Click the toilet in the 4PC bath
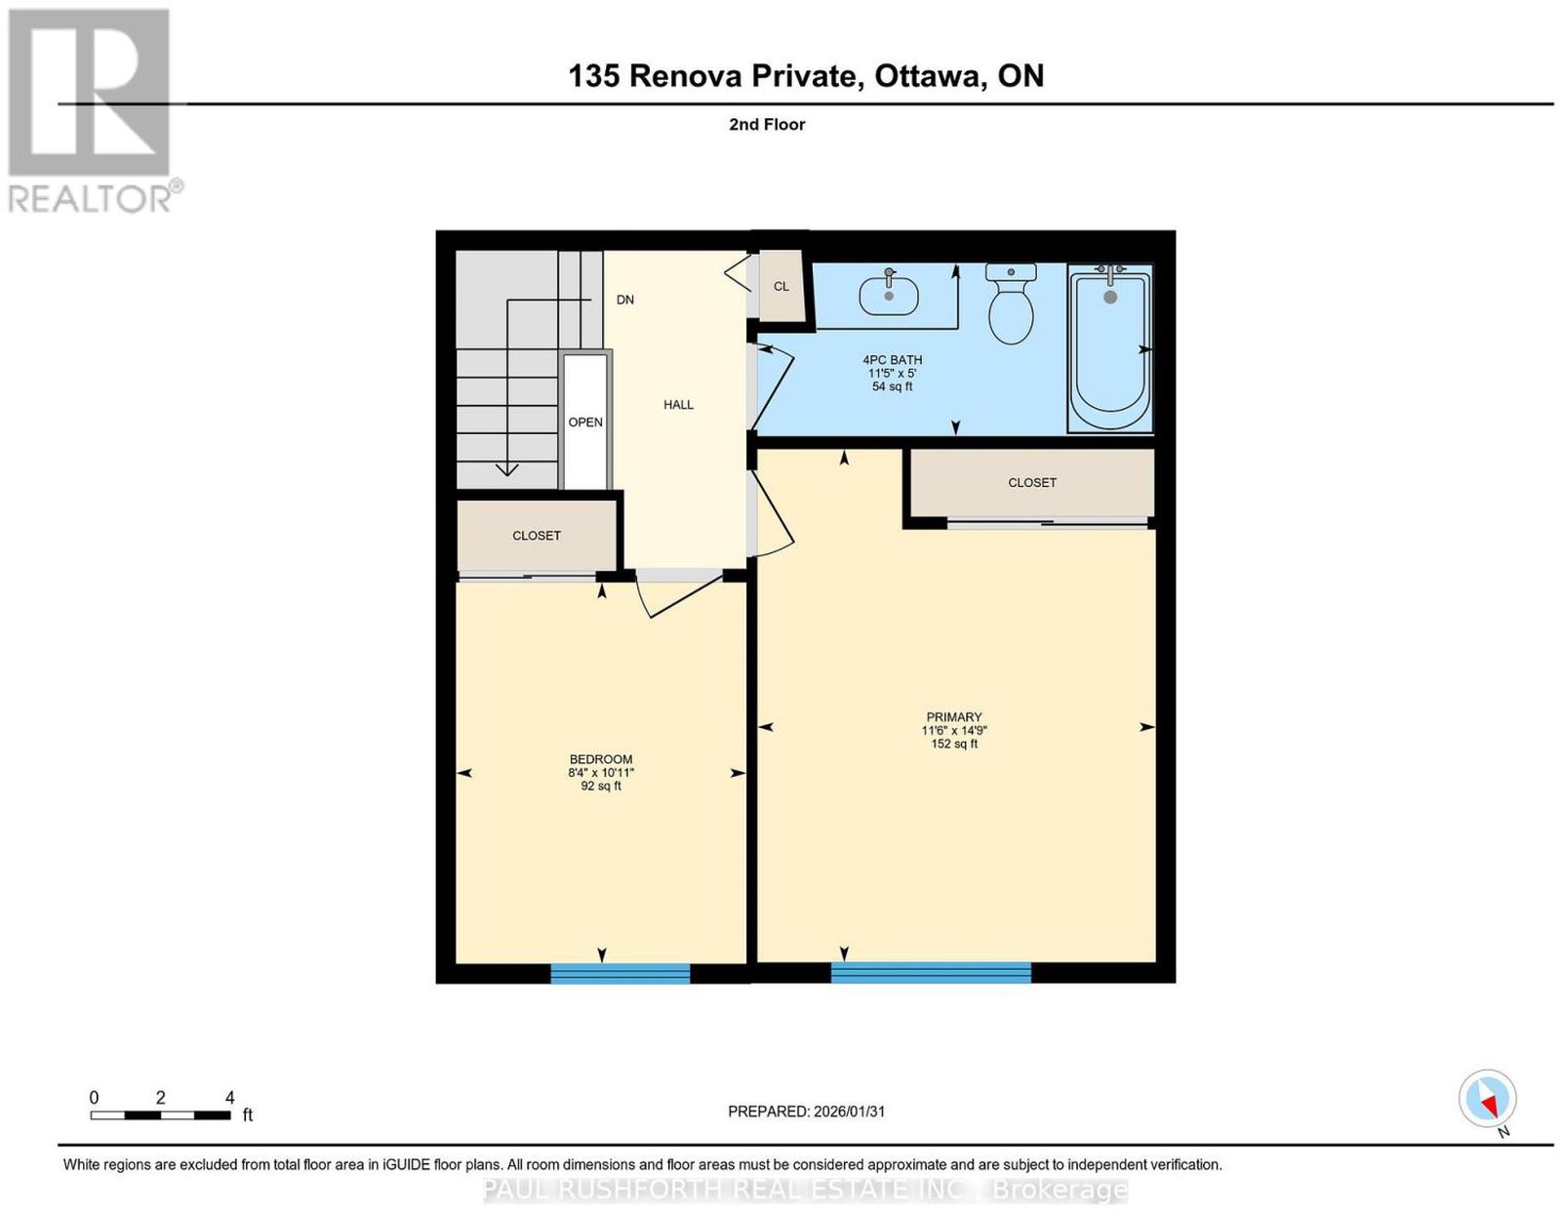pyautogui.click(x=1010, y=303)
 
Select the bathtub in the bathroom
pyautogui.click(x=1109, y=348)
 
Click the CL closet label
pyautogui.click(x=780, y=286)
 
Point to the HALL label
pyautogui.click(x=678, y=405)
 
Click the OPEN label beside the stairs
pyautogui.click(x=585, y=423)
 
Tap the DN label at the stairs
pyautogui.click(x=625, y=300)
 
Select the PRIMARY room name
pyautogui.click(x=954, y=716)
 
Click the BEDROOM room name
pyautogui.click(x=601, y=759)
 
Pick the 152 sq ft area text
pyautogui.click(x=954, y=744)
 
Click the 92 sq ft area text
pyautogui.click(x=601, y=787)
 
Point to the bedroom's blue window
pyautogui.click(x=620, y=973)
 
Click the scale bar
pyautogui.click(x=160, y=1115)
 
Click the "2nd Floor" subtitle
pyautogui.click(x=767, y=124)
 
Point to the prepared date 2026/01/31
pyautogui.click(x=849, y=1112)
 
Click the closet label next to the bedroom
pyautogui.click(x=536, y=536)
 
